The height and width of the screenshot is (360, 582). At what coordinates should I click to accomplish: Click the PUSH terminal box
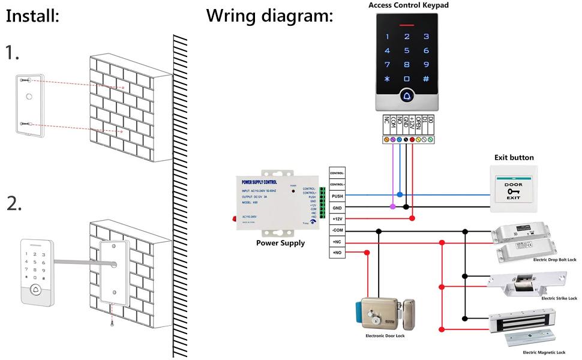coord(337,196)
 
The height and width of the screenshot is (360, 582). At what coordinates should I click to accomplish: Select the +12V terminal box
coord(337,219)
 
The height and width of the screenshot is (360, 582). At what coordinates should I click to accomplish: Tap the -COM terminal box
coord(337,230)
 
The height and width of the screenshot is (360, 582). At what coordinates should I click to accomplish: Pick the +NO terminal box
coord(337,253)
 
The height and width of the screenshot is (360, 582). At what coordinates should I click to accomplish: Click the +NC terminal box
coord(337,242)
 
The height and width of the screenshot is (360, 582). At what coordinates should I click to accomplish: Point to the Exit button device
coord(513,190)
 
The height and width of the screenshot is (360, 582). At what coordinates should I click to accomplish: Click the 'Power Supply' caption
coord(280,243)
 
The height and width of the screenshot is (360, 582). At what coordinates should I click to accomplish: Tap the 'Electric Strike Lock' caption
coord(559,298)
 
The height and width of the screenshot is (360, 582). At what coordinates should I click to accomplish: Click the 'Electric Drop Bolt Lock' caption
coord(554,260)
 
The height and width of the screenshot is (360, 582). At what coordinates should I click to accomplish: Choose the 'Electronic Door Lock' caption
coord(385,336)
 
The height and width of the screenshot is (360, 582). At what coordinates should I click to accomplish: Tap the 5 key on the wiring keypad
coord(407,51)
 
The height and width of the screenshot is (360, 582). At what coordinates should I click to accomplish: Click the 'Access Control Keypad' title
coord(408,5)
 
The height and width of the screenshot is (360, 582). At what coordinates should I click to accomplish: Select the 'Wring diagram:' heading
coord(269,16)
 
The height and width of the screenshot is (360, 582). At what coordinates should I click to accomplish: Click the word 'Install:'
coord(32,16)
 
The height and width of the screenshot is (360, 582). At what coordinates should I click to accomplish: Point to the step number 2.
coord(14,204)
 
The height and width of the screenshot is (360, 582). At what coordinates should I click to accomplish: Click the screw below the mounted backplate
coord(112,323)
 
